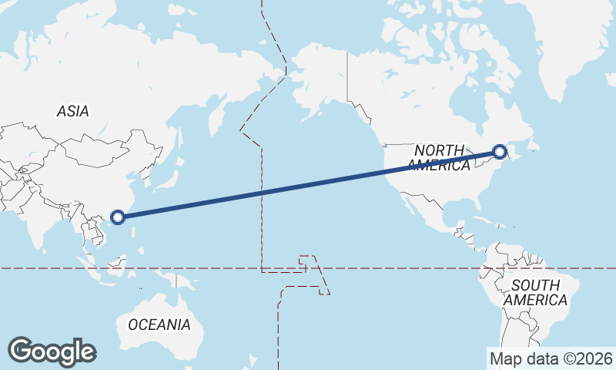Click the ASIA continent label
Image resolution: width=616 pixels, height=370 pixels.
click(72, 111)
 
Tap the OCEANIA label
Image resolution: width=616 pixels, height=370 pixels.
click(159, 325)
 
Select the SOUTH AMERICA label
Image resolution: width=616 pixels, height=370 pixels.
click(539, 292)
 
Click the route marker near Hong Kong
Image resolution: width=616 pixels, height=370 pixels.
click(117, 217)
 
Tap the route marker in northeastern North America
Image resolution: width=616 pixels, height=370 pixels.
click(499, 152)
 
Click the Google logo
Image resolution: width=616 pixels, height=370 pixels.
click(52, 351)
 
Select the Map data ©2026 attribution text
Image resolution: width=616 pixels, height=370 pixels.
click(551, 358)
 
